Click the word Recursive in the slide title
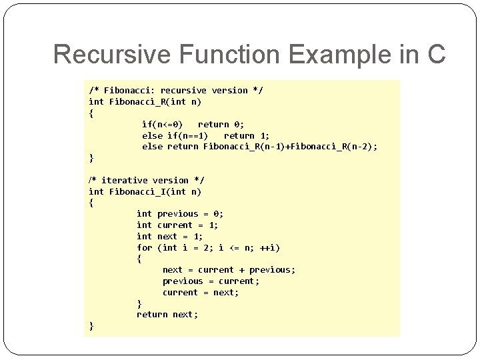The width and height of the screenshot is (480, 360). pyautogui.click(x=104, y=54)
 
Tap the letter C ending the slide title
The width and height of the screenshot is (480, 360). pyautogui.click(x=434, y=54)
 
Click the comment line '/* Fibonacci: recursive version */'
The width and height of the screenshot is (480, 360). pyautogui.click(x=176, y=90)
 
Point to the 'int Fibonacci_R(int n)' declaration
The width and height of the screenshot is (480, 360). pyautogui.click(x=145, y=101)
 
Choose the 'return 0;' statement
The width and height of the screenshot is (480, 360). pyautogui.click(x=221, y=124)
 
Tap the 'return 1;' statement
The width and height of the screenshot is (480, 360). pyautogui.click(x=247, y=135)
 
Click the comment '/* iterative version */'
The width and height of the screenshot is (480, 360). pyautogui.click(x=147, y=180)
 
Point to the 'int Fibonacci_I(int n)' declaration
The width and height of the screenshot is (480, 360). pyautogui.click(x=145, y=191)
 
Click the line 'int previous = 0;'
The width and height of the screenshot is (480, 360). pyautogui.click(x=180, y=213)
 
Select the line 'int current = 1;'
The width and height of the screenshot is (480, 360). pyautogui.click(x=177, y=225)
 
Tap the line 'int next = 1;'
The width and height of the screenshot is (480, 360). pyautogui.click(x=170, y=236)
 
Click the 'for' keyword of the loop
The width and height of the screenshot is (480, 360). pyautogui.click(x=144, y=247)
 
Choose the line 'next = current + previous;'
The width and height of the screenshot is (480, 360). pyautogui.click(x=229, y=269)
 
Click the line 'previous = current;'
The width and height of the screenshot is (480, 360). pyautogui.click(x=211, y=281)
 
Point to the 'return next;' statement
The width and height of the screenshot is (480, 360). pyautogui.click(x=167, y=314)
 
